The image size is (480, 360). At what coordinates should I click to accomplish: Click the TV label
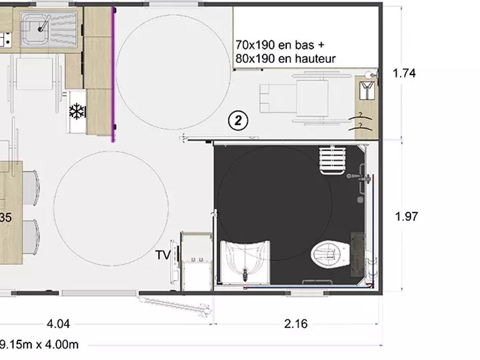point(163,255)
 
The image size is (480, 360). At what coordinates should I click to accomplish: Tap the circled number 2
point(238,121)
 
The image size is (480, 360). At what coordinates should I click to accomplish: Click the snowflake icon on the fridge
point(77,111)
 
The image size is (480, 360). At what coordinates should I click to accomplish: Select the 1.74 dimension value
point(404,74)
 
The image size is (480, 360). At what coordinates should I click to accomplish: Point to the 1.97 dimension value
point(406,217)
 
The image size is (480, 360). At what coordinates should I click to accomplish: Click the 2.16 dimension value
point(295,324)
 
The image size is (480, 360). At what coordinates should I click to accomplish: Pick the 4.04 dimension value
point(58,324)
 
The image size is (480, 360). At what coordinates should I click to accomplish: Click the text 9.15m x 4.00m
point(39,345)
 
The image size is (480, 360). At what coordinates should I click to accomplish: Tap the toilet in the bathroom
point(331,254)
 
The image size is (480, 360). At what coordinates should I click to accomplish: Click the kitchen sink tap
point(44,24)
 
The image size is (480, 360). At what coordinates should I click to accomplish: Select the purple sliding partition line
point(113,75)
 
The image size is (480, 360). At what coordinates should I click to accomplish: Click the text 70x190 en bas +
point(280,45)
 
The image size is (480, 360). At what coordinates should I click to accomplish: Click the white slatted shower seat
point(332,160)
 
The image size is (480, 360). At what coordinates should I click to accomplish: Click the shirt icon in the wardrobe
point(367,90)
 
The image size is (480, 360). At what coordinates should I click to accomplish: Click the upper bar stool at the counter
point(30,187)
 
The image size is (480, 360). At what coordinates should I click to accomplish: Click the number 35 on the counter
point(5,218)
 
